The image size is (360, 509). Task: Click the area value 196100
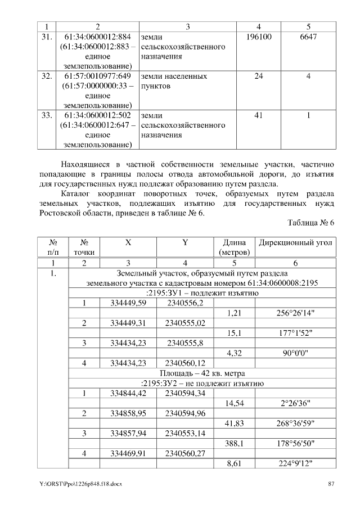click(258, 37)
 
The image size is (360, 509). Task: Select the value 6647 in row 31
click(308, 37)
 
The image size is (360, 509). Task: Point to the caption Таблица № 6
click(311, 222)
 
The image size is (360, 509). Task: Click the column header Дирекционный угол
click(295, 243)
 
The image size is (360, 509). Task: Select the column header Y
click(185, 243)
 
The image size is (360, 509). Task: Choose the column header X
click(128, 243)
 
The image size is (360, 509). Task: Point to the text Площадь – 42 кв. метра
click(202, 373)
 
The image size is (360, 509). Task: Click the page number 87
click(331, 484)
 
